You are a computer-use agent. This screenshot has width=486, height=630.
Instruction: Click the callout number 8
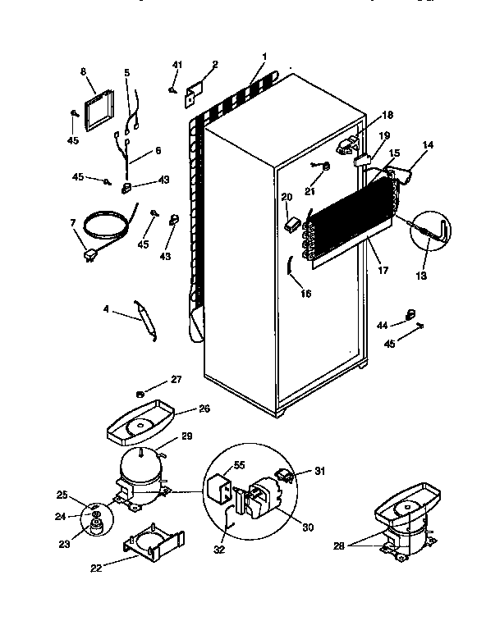point(83,72)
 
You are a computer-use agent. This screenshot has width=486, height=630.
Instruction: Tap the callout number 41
point(177,65)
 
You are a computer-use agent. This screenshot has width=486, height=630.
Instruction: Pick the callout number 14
point(427,145)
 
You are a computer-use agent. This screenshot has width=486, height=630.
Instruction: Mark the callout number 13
point(421,276)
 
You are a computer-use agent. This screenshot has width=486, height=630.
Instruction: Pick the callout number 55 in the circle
point(239,464)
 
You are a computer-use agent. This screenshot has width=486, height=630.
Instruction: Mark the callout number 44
point(382,325)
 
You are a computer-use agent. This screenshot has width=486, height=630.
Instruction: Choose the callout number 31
point(320,470)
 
